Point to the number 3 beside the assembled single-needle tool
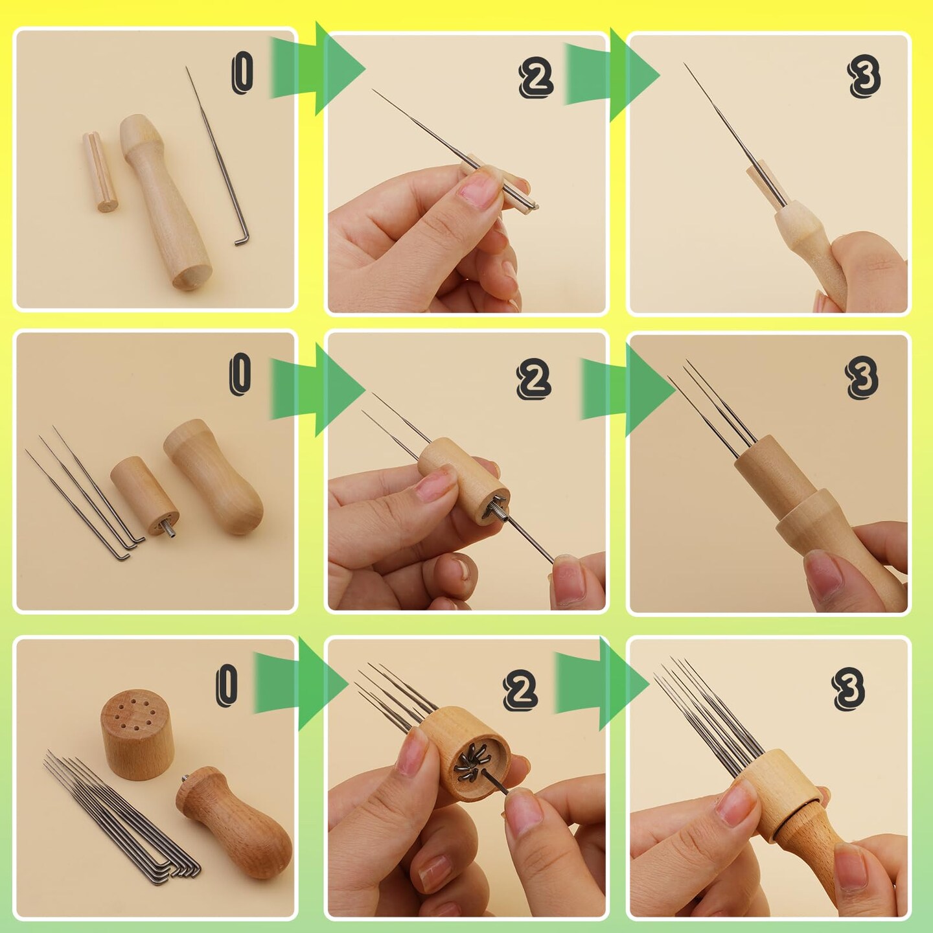(864, 76)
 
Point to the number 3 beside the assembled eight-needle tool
(849, 688)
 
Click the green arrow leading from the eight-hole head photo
(301, 684)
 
